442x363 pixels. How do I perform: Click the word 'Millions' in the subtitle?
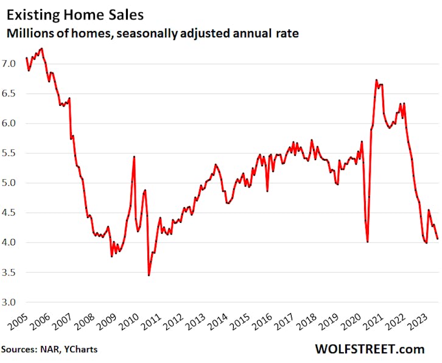tap(30, 34)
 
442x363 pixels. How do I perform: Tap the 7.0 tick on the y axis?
tap(15, 63)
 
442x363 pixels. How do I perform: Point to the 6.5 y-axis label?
tap(15, 93)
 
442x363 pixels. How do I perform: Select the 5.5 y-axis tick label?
tap(15, 153)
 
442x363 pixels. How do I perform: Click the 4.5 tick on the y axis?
tap(15, 213)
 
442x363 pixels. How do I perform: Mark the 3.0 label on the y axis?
tap(15, 302)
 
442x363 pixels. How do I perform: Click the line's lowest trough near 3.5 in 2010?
tap(149, 275)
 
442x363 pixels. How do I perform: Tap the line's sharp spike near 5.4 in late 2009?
tap(134, 157)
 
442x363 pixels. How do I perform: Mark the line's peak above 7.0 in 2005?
tap(41, 49)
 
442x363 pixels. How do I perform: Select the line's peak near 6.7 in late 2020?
tap(376, 80)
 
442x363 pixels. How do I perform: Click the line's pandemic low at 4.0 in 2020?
tap(368, 242)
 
